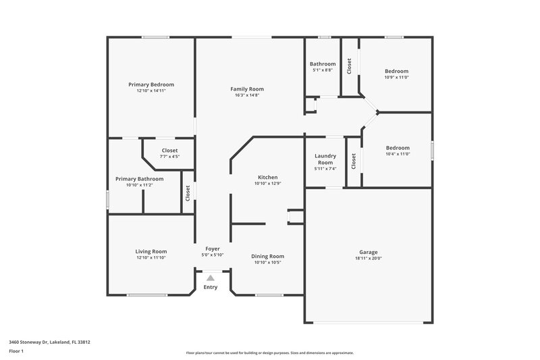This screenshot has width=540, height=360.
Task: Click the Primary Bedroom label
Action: click(x=151, y=84)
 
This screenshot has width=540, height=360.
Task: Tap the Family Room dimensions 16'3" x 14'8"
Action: click(x=247, y=95)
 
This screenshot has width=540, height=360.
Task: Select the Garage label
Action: click(x=369, y=252)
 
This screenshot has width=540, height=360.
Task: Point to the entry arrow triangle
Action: click(x=211, y=277)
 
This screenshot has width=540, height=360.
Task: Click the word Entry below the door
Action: click(x=211, y=288)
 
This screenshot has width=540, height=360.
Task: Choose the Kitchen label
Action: click(x=267, y=177)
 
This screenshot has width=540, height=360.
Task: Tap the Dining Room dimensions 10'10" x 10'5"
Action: click(x=267, y=262)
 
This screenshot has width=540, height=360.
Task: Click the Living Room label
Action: click(x=151, y=251)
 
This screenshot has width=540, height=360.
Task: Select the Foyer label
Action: click(x=212, y=249)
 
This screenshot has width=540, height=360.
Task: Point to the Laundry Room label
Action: click(x=325, y=159)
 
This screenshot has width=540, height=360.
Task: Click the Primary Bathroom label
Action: click(x=139, y=179)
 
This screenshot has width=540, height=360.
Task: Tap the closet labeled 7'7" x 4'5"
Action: click(x=169, y=157)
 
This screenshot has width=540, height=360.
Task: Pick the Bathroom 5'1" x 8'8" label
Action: click(x=323, y=67)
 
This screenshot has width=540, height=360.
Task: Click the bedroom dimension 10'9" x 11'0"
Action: click(x=397, y=77)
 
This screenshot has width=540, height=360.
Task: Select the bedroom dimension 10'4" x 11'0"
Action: click(x=398, y=153)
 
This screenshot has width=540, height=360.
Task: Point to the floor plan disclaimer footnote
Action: click(x=269, y=353)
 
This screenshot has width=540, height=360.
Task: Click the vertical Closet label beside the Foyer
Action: click(x=188, y=192)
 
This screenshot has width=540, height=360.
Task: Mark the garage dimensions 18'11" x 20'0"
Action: click(x=369, y=258)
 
